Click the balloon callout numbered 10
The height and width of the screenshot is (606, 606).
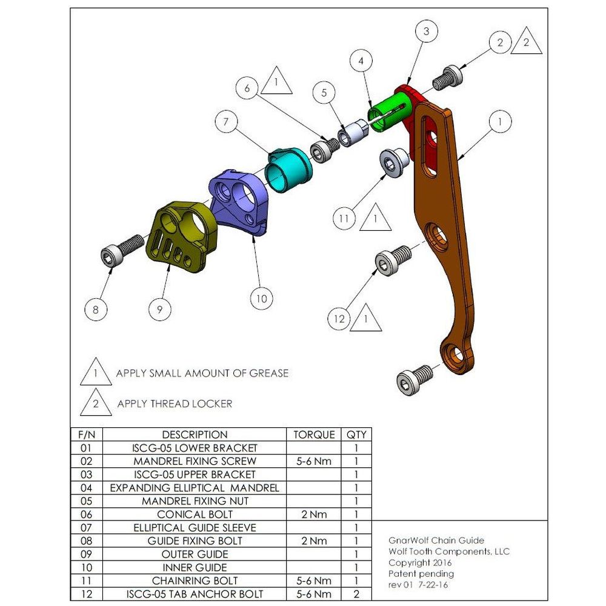tap(261, 298)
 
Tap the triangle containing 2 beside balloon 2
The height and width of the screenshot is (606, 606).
tap(525, 42)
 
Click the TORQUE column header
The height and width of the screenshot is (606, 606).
tap(314, 435)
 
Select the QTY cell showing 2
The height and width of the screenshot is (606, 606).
tap(356, 594)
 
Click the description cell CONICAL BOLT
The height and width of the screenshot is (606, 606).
tap(195, 514)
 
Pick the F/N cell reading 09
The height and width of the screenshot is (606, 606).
tap(87, 554)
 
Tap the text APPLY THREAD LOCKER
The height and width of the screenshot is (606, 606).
tap(175, 404)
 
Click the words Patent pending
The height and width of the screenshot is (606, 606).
tap(421, 574)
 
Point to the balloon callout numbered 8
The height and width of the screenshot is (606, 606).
tap(96, 310)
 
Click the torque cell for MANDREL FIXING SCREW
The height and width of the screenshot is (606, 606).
tap(314, 461)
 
